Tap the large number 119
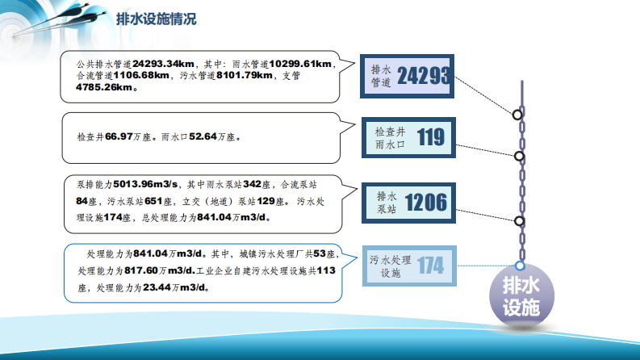pos(430,137)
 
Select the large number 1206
pos(425,202)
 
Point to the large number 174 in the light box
pos(430,265)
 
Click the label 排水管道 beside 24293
pos(380,76)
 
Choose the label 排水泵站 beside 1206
pos(387,202)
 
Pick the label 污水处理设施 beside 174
pos(391,266)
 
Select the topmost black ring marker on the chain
pos(518,115)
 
